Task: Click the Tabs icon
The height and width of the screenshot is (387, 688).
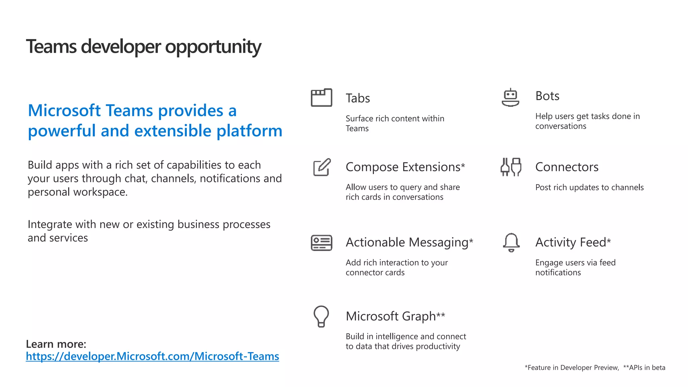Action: pyautogui.click(x=321, y=98)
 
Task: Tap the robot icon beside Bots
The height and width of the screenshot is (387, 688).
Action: pyautogui.click(x=510, y=97)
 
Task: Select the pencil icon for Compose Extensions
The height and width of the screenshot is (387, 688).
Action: pyautogui.click(x=322, y=167)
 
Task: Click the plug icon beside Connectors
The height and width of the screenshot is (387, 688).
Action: pyautogui.click(x=511, y=167)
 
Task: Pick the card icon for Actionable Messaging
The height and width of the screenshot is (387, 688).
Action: pyautogui.click(x=321, y=243)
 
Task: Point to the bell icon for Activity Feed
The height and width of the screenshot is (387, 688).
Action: pyautogui.click(x=511, y=242)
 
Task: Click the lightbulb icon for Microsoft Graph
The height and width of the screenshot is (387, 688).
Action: pyautogui.click(x=321, y=316)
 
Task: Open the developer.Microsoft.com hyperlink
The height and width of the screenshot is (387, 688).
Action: pyautogui.click(x=152, y=356)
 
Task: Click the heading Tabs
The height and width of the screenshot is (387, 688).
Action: pyautogui.click(x=358, y=98)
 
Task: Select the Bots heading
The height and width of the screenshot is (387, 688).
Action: pyautogui.click(x=547, y=96)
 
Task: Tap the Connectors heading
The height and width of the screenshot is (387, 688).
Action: pyautogui.click(x=567, y=167)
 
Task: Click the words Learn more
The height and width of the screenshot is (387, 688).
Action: pyautogui.click(x=56, y=344)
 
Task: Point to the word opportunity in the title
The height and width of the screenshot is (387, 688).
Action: pyautogui.click(x=213, y=47)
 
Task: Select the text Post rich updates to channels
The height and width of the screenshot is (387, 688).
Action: pyautogui.click(x=589, y=187)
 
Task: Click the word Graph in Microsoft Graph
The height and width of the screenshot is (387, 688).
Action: pyautogui.click(x=419, y=316)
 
